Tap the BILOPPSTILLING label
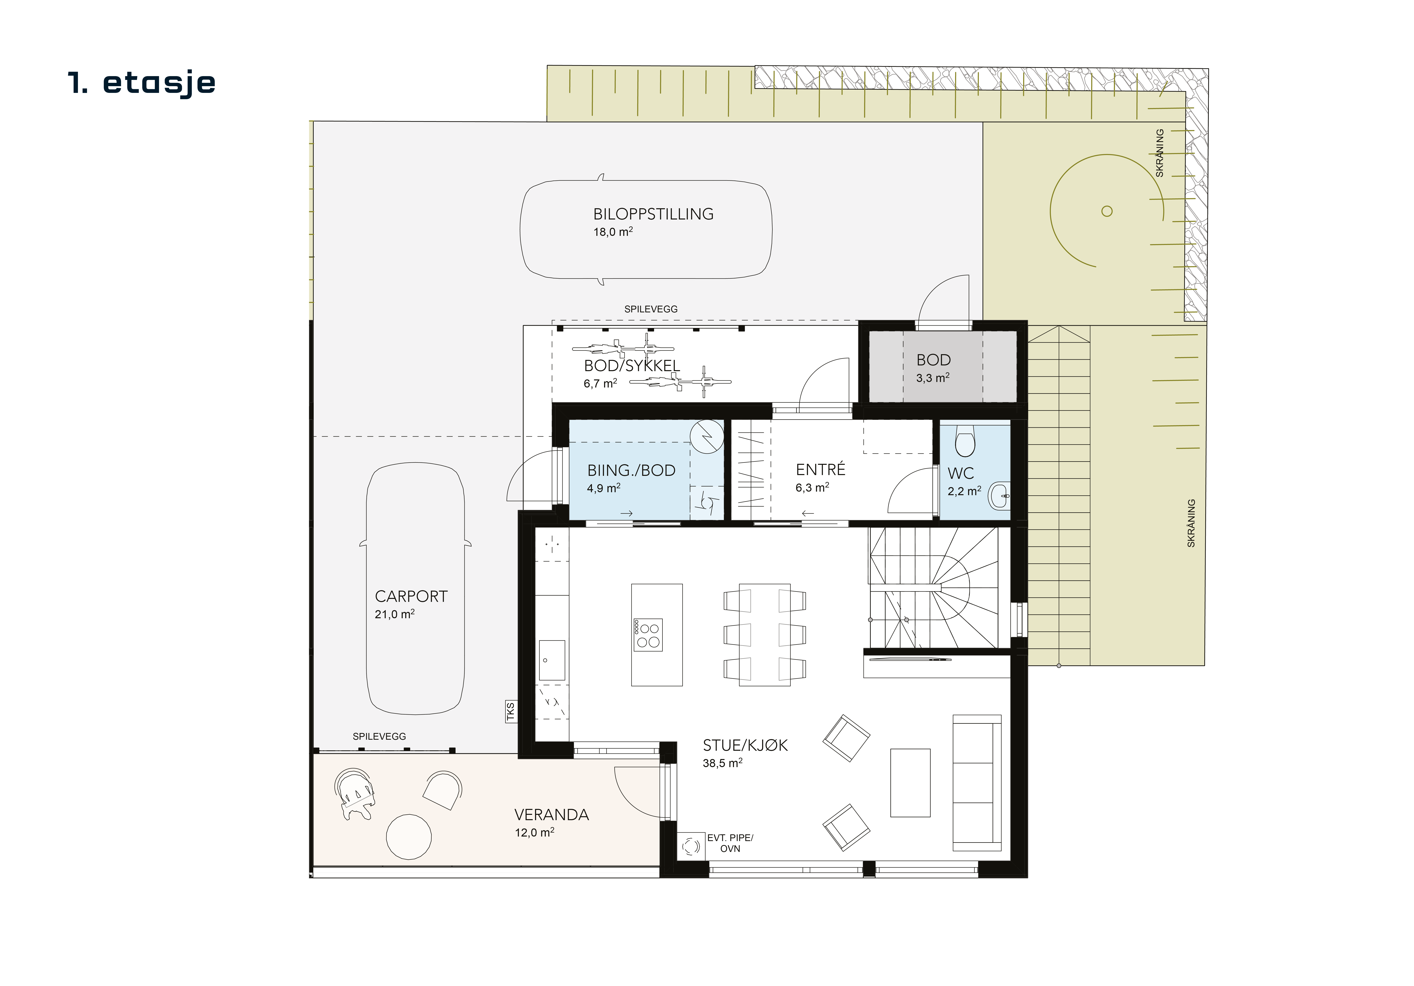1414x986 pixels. (653, 214)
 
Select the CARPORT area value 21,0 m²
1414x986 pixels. (395, 614)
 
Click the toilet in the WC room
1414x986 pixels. (965, 440)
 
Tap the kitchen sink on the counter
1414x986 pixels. (552, 660)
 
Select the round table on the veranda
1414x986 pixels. (409, 837)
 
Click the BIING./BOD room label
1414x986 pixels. (631, 471)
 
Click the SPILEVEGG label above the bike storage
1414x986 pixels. (651, 309)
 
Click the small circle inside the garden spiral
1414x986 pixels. (1107, 211)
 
